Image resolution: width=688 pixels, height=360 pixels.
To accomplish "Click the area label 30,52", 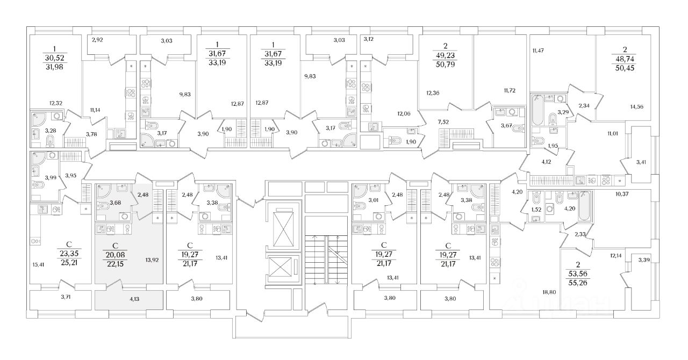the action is pyautogui.click(x=55, y=58).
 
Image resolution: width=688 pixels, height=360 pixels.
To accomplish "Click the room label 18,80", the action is pyautogui.click(x=549, y=292).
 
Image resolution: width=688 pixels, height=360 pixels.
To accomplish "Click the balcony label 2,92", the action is pyautogui.click(x=97, y=40).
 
